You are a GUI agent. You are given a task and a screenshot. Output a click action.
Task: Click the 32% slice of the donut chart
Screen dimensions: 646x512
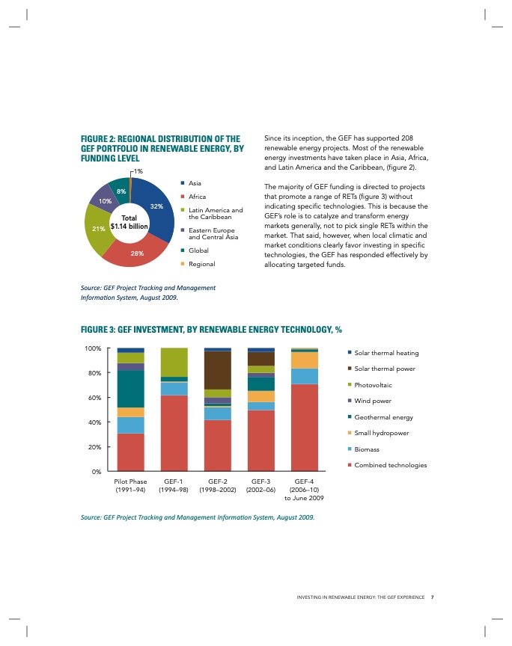pyautogui.click(x=159, y=213)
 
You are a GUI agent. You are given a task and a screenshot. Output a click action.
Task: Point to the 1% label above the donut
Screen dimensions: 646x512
pyautogui.click(x=138, y=172)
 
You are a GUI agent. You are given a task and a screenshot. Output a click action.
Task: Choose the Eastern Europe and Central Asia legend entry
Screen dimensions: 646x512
pyautogui.click(x=212, y=233)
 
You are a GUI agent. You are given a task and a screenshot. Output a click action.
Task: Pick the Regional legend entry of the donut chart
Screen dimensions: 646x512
pyautogui.click(x=201, y=264)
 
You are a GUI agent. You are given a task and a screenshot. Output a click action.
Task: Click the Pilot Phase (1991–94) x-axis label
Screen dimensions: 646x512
pyautogui.click(x=131, y=486)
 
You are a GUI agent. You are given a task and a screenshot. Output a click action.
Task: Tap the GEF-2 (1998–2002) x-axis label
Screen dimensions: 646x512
pyautogui.click(x=217, y=486)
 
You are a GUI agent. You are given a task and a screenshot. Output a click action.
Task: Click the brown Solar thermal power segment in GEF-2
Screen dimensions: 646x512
pyautogui.click(x=217, y=370)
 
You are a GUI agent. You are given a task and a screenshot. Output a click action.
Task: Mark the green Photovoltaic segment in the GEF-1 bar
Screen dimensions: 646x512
pyautogui.click(x=174, y=362)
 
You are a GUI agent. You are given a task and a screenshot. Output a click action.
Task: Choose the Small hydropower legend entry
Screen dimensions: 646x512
pyautogui.click(x=382, y=433)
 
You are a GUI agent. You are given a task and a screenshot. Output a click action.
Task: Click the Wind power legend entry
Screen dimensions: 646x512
pyautogui.click(x=374, y=401)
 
